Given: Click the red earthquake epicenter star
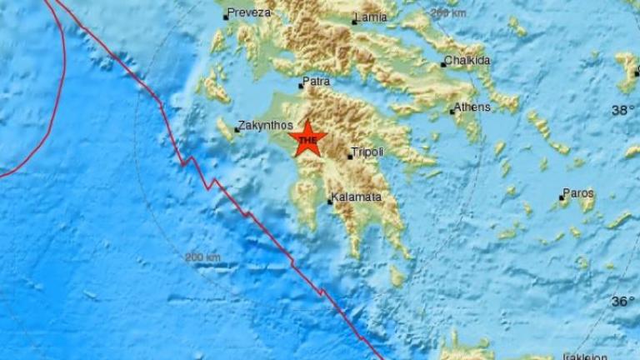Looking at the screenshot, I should [307, 138].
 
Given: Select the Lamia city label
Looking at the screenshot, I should [372, 17].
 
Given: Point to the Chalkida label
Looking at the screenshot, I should [468, 60].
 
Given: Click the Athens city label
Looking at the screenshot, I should [472, 107].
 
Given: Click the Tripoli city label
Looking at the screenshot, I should [368, 152].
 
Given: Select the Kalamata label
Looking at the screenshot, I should [357, 197].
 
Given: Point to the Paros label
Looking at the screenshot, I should [578, 193].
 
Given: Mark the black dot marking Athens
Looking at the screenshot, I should [452, 111].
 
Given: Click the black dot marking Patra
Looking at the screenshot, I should [302, 85].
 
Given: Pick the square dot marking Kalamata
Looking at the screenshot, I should [330, 201].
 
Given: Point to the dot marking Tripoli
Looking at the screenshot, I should [350, 156].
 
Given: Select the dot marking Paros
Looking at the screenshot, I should [562, 197].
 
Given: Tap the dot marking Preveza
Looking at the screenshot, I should [226, 16].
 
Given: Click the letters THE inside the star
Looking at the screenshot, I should [307, 141].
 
